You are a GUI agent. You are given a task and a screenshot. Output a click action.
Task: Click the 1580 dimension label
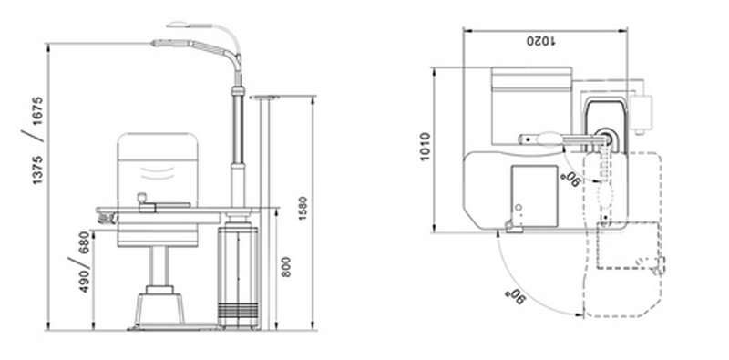tap(303, 208)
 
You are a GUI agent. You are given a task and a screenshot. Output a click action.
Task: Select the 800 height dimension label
tap(286, 267)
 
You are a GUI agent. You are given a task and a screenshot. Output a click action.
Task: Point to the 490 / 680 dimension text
tap(80, 262)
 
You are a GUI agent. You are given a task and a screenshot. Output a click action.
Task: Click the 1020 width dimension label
tap(541, 41)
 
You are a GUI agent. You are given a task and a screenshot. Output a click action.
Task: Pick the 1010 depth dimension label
tap(425, 147)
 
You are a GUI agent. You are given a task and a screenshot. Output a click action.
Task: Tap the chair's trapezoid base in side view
tap(159, 308)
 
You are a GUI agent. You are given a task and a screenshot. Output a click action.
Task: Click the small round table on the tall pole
tap(265, 97)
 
